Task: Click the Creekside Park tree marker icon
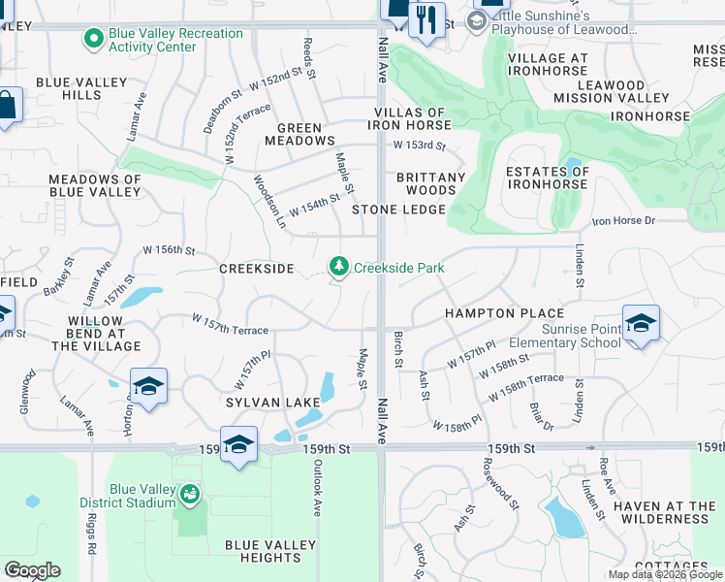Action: (x=339, y=266)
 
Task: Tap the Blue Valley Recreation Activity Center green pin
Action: (x=94, y=40)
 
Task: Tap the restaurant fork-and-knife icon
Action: (x=426, y=18)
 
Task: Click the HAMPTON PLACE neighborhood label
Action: (x=504, y=313)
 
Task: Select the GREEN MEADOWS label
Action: (x=306, y=134)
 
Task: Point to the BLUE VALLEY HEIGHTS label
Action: (x=263, y=551)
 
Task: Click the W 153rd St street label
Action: (x=418, y=146)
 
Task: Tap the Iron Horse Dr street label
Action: (x=623, y=221)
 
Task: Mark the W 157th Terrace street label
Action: (x=230, y=324)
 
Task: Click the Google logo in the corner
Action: (x=32, y=570)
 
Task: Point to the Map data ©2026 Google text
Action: (x=664, y=574)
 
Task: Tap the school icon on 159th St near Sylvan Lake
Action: (x=238, y=444)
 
